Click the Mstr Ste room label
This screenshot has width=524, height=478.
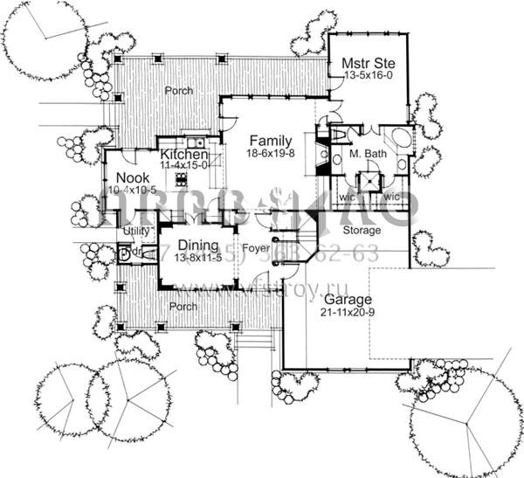pos(360,62)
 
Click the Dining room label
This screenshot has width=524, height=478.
pos(197,246)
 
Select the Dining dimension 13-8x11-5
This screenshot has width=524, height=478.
pos(197,258)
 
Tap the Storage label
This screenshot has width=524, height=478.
pos(362,231)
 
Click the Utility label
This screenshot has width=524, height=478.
pos(137,231)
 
